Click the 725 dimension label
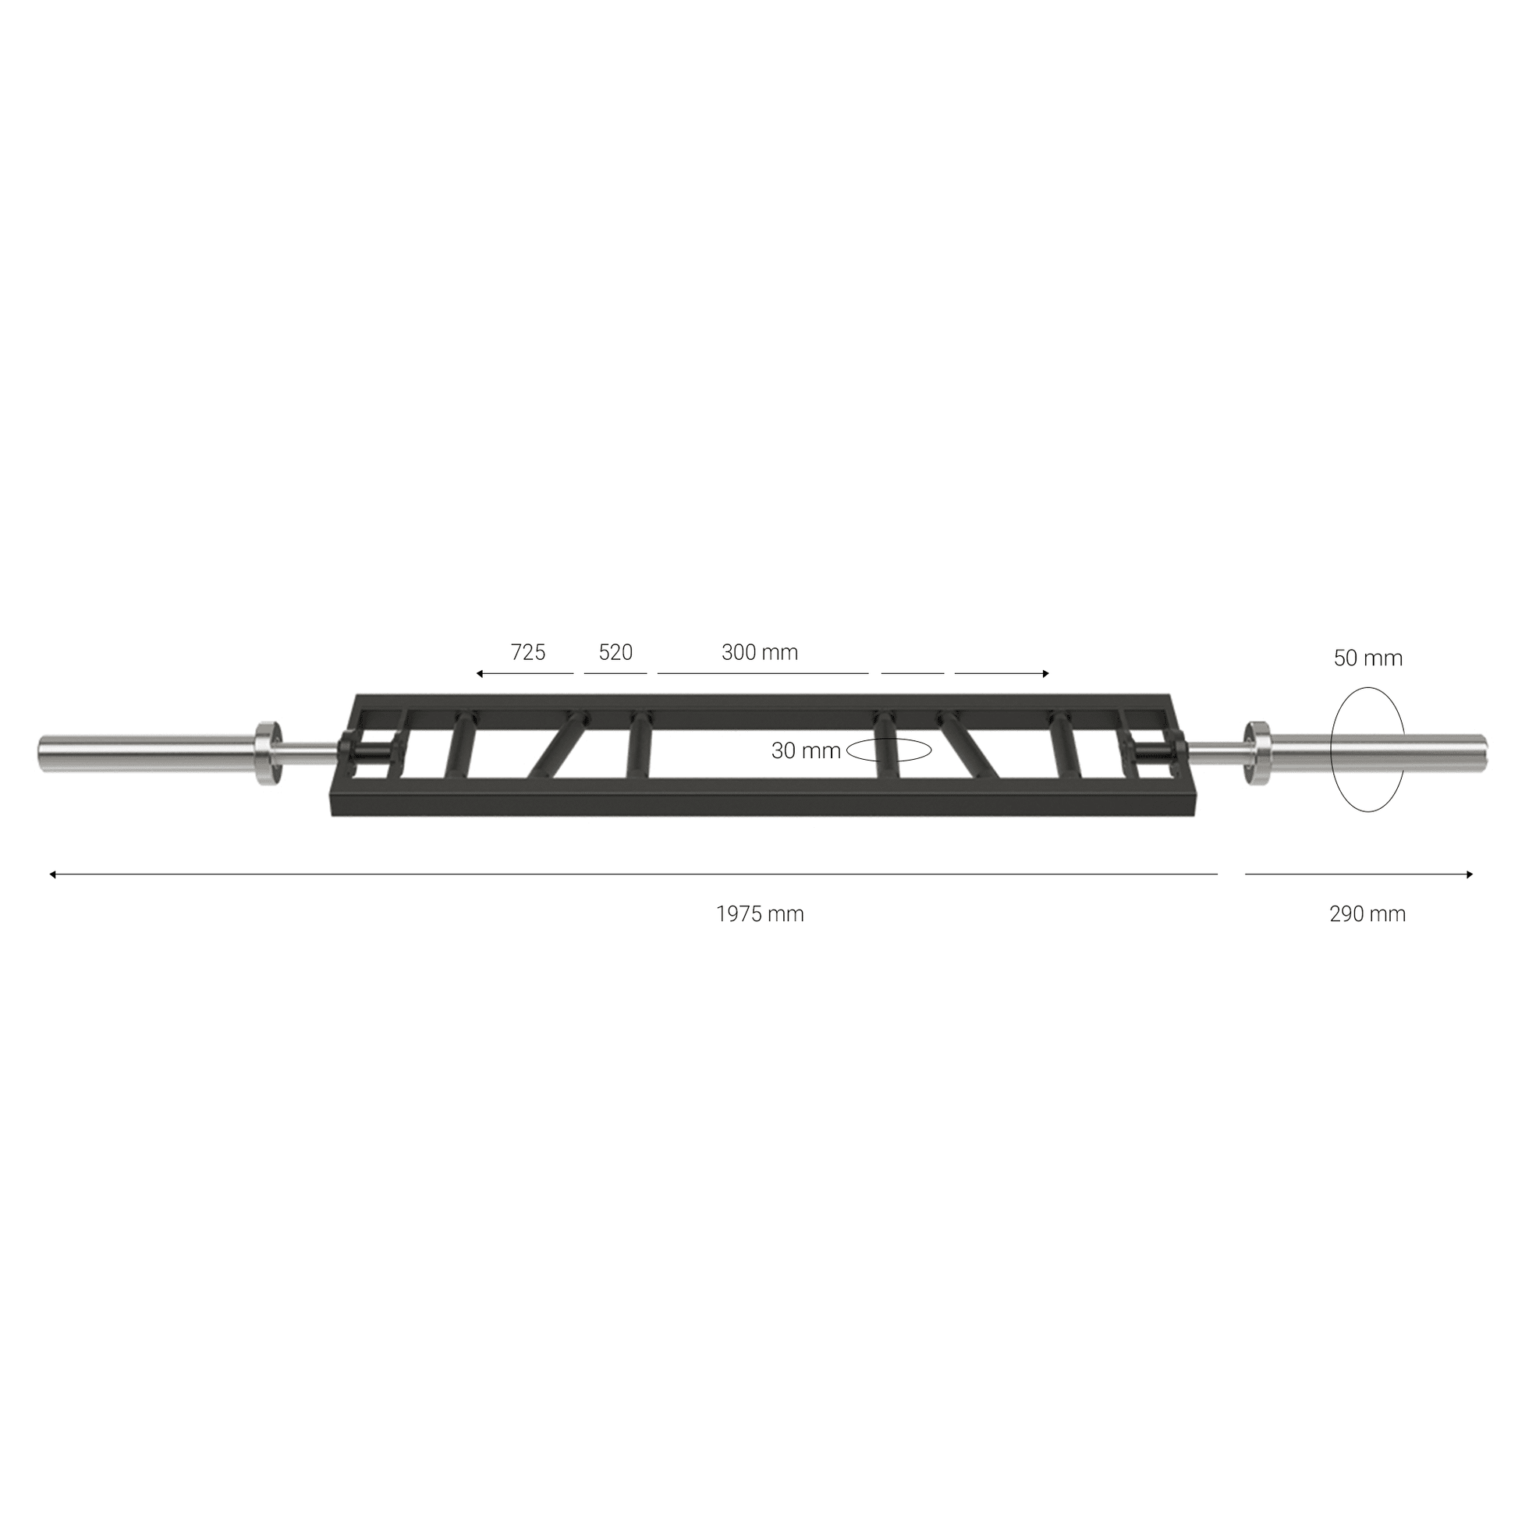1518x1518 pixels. (x=528, y=652)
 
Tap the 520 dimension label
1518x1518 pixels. (x=615, y=652)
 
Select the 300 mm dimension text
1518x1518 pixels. (x=760, y=652)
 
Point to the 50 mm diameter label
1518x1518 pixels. (x=1368, y=658)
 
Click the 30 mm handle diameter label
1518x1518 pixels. (x=806, y=751)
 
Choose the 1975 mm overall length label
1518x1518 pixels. (x=760, y=913)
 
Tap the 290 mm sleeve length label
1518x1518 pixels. (x=1368, y=913)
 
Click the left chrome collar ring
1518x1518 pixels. (x=268, y=751)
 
